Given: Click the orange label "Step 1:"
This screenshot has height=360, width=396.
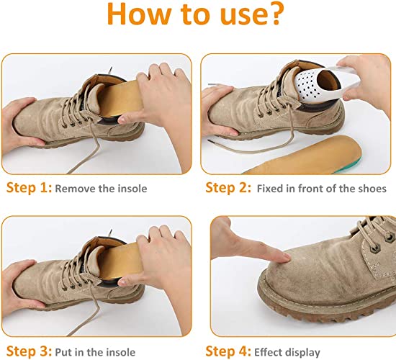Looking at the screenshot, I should (x=28, y=189).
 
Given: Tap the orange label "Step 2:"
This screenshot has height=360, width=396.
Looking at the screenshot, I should (x=227, y=189).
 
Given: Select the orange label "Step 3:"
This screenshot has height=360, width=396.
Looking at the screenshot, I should (x=28, y=332).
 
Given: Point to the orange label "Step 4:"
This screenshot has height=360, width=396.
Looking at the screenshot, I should (x=227, y=332).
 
